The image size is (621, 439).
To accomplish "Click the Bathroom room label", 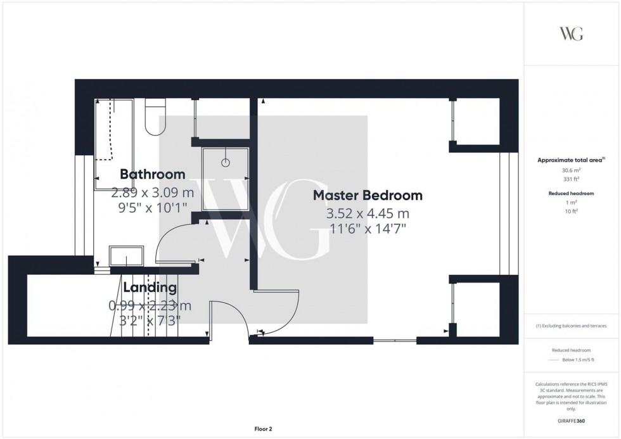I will pyautogui.click(x=153, y=174).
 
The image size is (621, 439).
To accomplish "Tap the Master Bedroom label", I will pyautogui.click(x=368, y=196).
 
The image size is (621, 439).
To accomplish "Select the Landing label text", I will pyautogui.click(x=150, y=288).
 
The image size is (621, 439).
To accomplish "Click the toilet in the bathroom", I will pyautogui.click(x=155, y=118).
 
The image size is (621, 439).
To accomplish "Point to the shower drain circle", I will pyautogui.click(x=225, y=163).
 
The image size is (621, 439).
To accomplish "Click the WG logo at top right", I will pyautogui.click(x=572, y=34).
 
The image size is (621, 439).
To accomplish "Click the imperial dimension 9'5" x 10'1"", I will pyautogui.click(x=153, y=208).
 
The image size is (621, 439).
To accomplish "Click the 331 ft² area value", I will pyautogui.click(x=572, y=179).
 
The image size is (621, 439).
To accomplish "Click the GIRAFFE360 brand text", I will pyautogui.click(x=572, y=420).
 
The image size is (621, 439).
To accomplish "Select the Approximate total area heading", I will pyautogui.click(x=570, y=160).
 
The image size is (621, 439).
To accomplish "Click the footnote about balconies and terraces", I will pyautogui.click(x=572, y=326).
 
